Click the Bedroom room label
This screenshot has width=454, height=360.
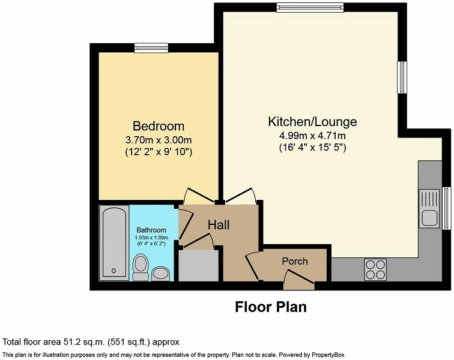(x=159, y=126)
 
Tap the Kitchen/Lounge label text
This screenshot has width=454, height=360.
(x=312, y=122)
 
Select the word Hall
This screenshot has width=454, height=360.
(x=219, y=225)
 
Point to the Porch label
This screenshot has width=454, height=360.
(x=295, y=261)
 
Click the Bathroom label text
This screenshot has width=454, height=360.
(x=151, y=230)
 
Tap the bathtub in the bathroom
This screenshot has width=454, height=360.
(x=114, y=243)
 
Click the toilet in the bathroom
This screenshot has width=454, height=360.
(x=141, y=266)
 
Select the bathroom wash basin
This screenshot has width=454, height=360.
(x=161, y=274)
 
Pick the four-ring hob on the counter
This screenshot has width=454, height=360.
(x=375, y=269)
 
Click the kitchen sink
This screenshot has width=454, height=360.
(x=429, y=208)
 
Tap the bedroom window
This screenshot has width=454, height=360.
(x=151, y=48)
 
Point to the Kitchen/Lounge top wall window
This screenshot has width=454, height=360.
(x=310, y=8)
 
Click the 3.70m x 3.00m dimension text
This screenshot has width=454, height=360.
(x=159, y=140)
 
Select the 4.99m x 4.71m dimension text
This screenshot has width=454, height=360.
(x=312, y=136)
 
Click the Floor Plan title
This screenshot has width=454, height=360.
(x=271, y=307)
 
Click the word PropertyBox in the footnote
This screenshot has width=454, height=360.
(x=327, y=355)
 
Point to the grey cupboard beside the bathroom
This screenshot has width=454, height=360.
(x=198, y=265)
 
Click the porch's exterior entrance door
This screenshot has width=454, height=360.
(x=299, y=280)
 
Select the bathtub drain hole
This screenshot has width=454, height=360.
(x=114, y=271)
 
